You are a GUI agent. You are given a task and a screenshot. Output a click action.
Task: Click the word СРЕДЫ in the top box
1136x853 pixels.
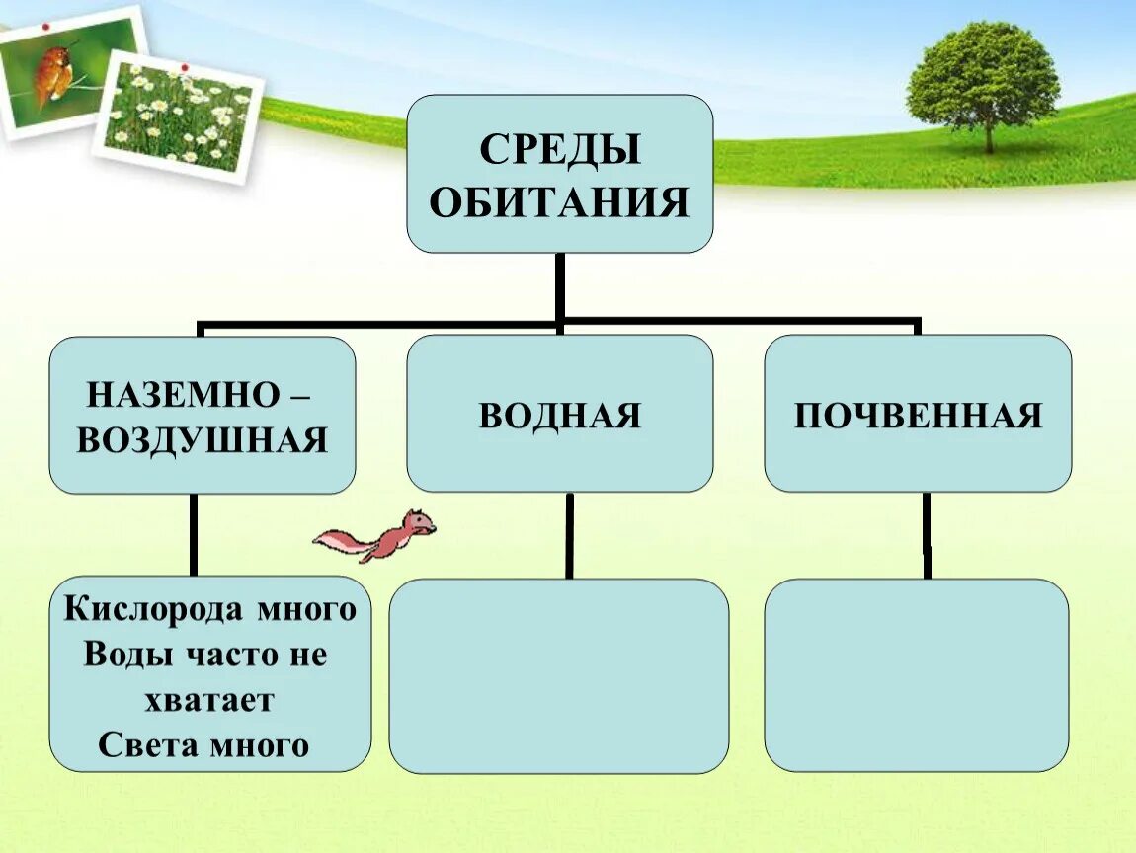point(560,151)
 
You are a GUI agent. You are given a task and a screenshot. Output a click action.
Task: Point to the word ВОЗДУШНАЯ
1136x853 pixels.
point(202,440)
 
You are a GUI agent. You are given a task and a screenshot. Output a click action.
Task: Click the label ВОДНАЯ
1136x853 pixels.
point(560,416)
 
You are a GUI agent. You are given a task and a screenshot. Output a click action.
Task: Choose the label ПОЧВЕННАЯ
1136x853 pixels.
point(918,416)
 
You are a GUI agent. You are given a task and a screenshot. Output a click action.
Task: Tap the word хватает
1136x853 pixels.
point(208,700)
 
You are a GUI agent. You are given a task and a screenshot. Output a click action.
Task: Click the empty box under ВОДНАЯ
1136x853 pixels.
point(559,675)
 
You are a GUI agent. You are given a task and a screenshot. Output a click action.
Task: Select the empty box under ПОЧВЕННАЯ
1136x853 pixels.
point(917,675)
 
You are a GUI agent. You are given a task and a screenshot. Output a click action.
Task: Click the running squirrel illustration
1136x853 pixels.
point(380,535)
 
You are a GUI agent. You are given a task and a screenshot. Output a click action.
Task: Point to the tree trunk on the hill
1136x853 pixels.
point(987,136)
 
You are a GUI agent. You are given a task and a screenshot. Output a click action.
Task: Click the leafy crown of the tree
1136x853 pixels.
point(983,74)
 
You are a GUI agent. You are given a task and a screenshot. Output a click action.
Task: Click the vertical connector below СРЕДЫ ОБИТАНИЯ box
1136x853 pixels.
point(560,286)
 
